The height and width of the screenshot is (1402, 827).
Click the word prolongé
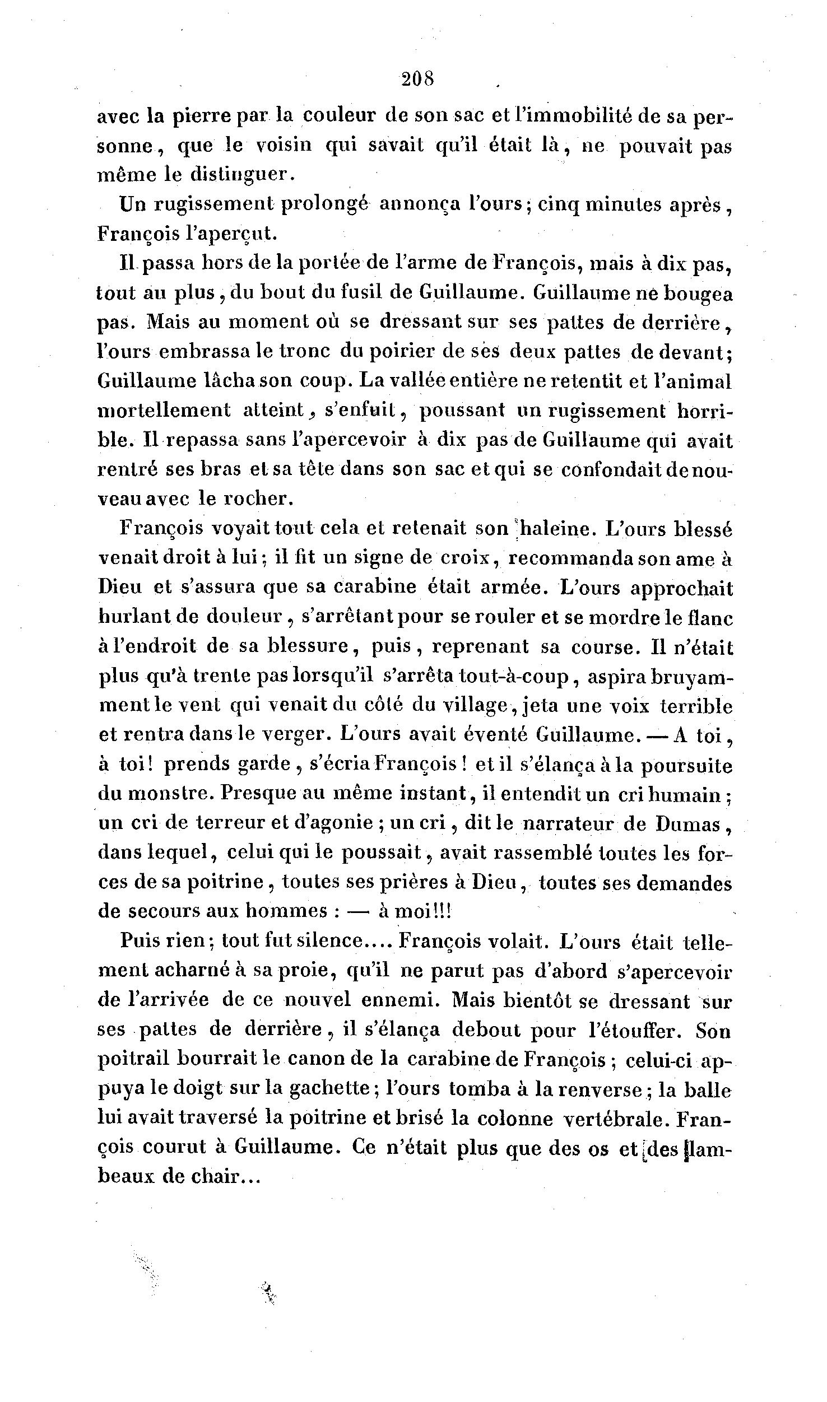(x=324, y=204)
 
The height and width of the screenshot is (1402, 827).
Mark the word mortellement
(x=164, y=410)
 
